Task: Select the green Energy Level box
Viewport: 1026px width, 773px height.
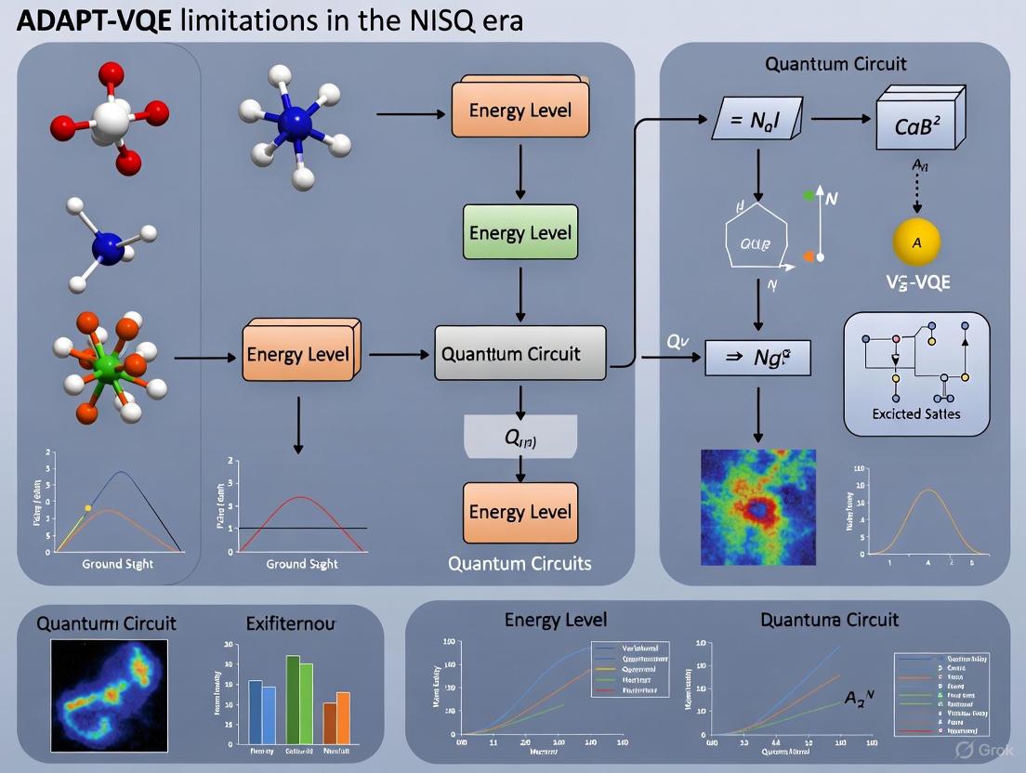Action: pyautogui.click(x=520, y=232)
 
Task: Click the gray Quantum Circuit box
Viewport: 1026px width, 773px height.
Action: pyautogui.click(x=520, y=353)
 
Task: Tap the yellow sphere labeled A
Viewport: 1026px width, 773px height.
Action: pyautogui.click(x=916, y=242)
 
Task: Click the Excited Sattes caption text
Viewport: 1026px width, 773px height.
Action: pyautogui.click(x=916, y=413)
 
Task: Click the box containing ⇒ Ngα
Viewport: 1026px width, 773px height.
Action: pyautogui.click(x=757, y=357)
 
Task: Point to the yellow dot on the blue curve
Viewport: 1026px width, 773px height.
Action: pyautogui.click(x=88, y=507)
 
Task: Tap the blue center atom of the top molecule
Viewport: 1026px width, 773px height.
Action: pyautogui.click(x=296, y=122)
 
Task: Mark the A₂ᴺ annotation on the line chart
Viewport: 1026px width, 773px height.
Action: pyautogui.click(x=859, y=697)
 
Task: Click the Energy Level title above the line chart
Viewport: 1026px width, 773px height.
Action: pyautogui.click(x=555, y=619)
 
